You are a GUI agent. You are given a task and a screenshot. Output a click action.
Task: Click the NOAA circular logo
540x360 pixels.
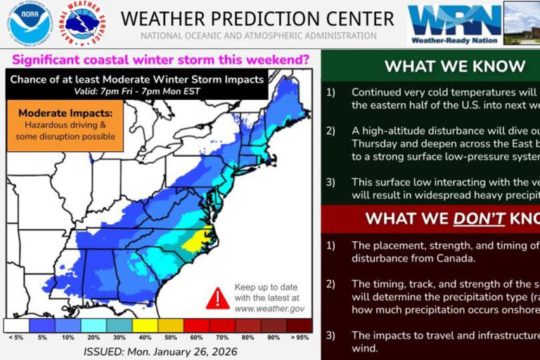30,23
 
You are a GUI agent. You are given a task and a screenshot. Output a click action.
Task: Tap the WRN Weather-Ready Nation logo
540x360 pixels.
454,24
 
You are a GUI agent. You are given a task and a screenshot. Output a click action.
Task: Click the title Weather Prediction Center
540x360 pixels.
257,18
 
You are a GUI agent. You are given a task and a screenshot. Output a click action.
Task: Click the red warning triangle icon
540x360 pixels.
217,297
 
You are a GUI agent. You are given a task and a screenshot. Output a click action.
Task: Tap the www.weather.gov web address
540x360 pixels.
269,308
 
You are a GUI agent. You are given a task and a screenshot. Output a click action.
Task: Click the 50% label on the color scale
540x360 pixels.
169,338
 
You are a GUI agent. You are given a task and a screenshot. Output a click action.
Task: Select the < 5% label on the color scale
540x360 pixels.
15,338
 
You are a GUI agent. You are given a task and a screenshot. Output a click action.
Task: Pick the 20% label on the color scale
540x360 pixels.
92,338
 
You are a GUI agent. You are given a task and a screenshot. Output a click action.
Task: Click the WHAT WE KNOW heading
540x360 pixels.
455,67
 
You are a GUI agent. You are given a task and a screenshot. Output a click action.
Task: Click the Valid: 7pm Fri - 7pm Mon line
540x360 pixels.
137,91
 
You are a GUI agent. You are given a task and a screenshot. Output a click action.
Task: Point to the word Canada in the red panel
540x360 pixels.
456,257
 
